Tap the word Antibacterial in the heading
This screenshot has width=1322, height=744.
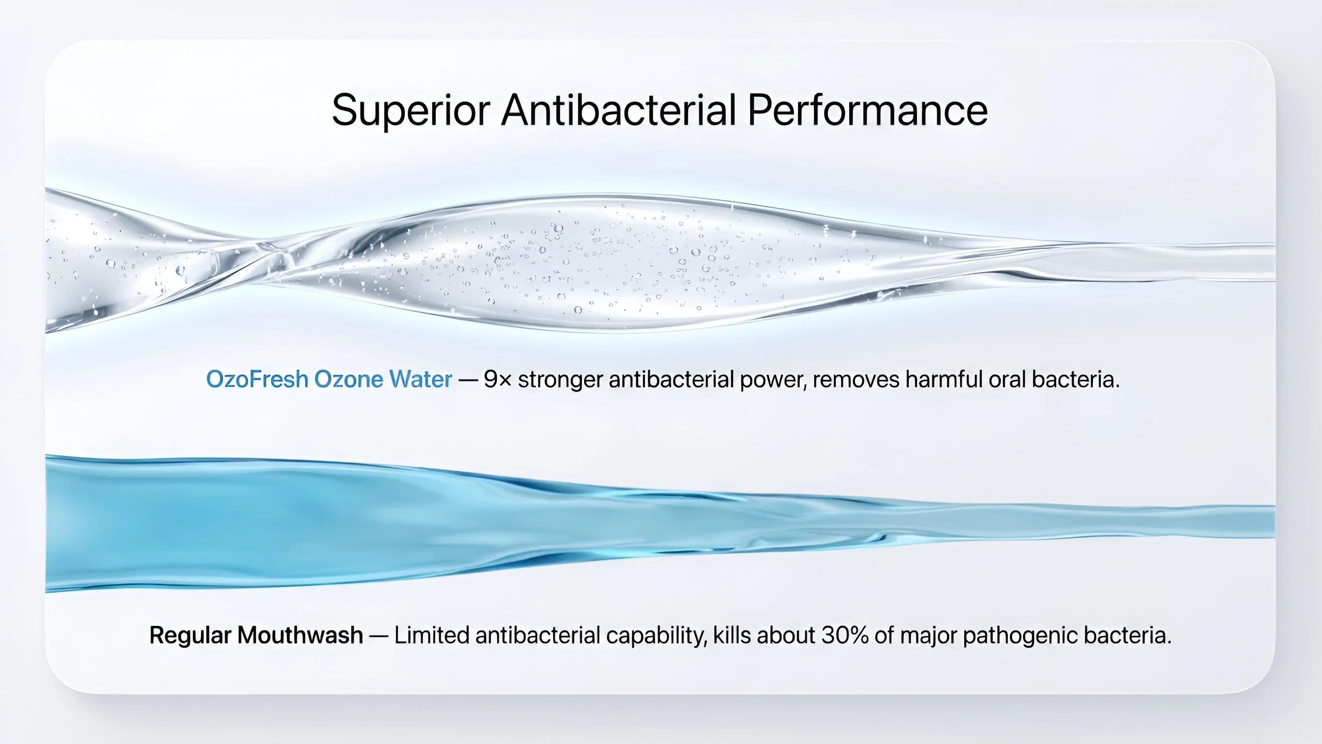(619, 110)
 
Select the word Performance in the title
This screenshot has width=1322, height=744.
(867, 110)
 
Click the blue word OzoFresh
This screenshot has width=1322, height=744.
(258, 379)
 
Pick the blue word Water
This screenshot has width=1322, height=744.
(421, 379)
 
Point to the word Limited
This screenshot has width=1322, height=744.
(431, 635)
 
